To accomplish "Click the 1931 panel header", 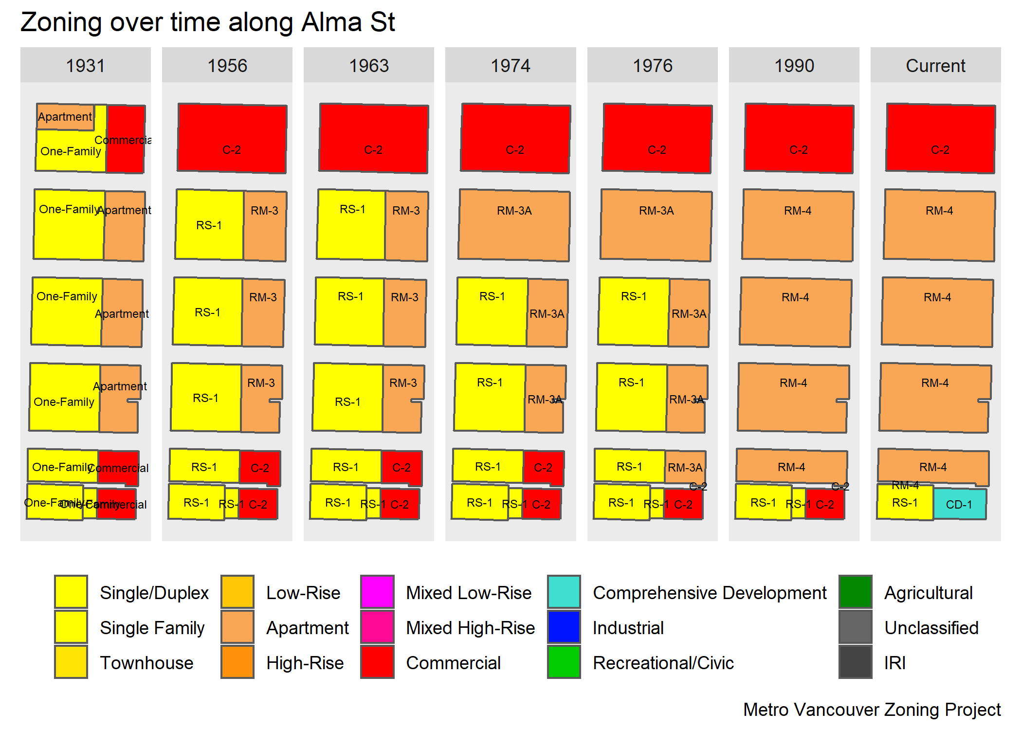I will [x=85, y=65].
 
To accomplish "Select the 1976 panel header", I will [x=652, y=65].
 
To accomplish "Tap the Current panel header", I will [x=935, y=65].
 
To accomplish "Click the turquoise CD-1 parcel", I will [x=959, y=504].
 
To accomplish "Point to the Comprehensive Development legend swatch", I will [x=564, y=592].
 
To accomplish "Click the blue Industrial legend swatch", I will [x=564, y=627].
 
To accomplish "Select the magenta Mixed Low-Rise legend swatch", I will [x=377, y=592].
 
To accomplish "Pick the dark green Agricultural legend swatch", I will [x=855, y=592].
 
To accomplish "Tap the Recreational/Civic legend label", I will [x=663, y=663].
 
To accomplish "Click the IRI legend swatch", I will [x=855, y=662].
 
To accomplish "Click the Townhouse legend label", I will [x=146, y=663].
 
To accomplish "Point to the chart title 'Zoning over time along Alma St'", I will [x=208, y=22].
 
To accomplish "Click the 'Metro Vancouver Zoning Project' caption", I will [x=872, y=710].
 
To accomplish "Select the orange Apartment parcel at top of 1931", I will [x=65, y=117].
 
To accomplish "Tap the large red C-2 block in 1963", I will [x=373, y=138].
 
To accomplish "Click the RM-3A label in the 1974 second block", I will [x=514, y=211].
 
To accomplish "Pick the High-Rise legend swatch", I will [x=237, y=662].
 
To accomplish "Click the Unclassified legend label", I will [x=931, y=628].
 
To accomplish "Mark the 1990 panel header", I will [x=794, y=65].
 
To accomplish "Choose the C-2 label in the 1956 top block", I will [x=232, y=150].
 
